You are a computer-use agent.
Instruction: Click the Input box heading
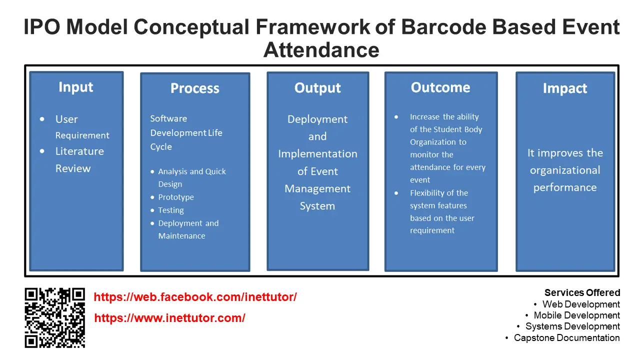tap(76, 87)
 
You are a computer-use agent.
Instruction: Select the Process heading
tap(194, 88)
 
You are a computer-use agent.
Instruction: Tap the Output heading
tap(317, 88)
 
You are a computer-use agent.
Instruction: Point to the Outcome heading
tap(440, 87)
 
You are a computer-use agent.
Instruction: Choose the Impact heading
tap(565, 88)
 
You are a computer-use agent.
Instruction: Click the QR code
tap(55, 317)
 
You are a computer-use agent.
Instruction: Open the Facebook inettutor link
tap(195, 297)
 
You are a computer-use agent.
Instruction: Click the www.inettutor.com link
tap(169, 318)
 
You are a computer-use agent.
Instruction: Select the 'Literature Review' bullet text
tap(79, 159)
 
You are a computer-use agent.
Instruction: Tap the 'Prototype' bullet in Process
tap(176, 197)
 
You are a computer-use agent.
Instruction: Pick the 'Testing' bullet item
tap(171, 210)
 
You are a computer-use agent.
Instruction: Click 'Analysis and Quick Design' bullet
tap(191, 177)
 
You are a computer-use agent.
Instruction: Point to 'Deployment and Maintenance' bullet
tap(188, 229)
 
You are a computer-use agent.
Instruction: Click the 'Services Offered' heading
tap(582, 293)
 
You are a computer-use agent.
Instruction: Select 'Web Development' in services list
tap(581, 304)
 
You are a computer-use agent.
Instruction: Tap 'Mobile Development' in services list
tap(576, 315)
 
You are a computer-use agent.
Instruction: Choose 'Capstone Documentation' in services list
tap(566, 337)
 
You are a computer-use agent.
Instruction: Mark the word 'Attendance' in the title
tap(321, 50)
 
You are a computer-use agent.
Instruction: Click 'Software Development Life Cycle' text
tap(186, 132)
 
